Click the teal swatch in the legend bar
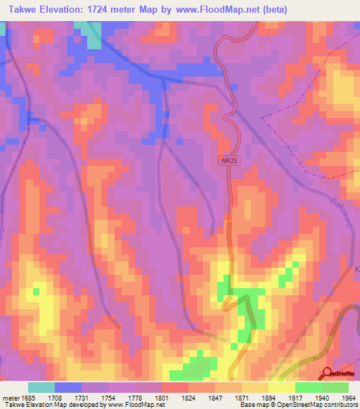pyautogui.click(x=41, y=387)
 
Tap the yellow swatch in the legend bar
pyautogui.click(x=281, y=387)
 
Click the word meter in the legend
pyautogui.click(x=9, y=398)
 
